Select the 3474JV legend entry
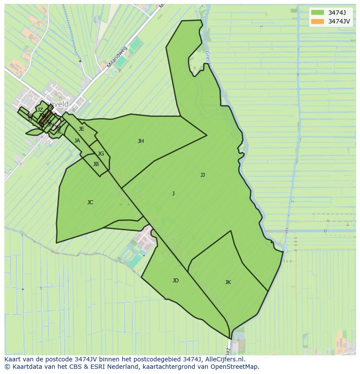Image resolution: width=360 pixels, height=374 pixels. point(339,21)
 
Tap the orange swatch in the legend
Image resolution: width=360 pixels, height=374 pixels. point(318,21)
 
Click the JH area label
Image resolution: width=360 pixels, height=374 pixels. point(141,141)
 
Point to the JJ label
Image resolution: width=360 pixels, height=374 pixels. point(203,175)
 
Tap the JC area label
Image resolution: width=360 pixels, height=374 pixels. point(90,202)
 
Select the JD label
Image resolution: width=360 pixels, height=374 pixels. point(176,281)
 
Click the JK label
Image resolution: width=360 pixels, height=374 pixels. point(228,282)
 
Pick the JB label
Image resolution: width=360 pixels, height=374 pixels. point(96,164)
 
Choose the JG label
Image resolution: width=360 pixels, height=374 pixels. point(101,154)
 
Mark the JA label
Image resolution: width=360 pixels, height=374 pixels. point(77,141)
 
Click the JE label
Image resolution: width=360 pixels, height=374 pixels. point(81,129)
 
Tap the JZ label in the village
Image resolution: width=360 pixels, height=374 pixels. point(40,110)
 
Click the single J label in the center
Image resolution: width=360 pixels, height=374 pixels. point(173,194)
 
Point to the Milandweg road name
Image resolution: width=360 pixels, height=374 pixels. point(117,57)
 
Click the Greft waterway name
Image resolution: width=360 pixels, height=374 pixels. point(207,59)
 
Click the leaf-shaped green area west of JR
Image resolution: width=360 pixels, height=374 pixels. point(33,132)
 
